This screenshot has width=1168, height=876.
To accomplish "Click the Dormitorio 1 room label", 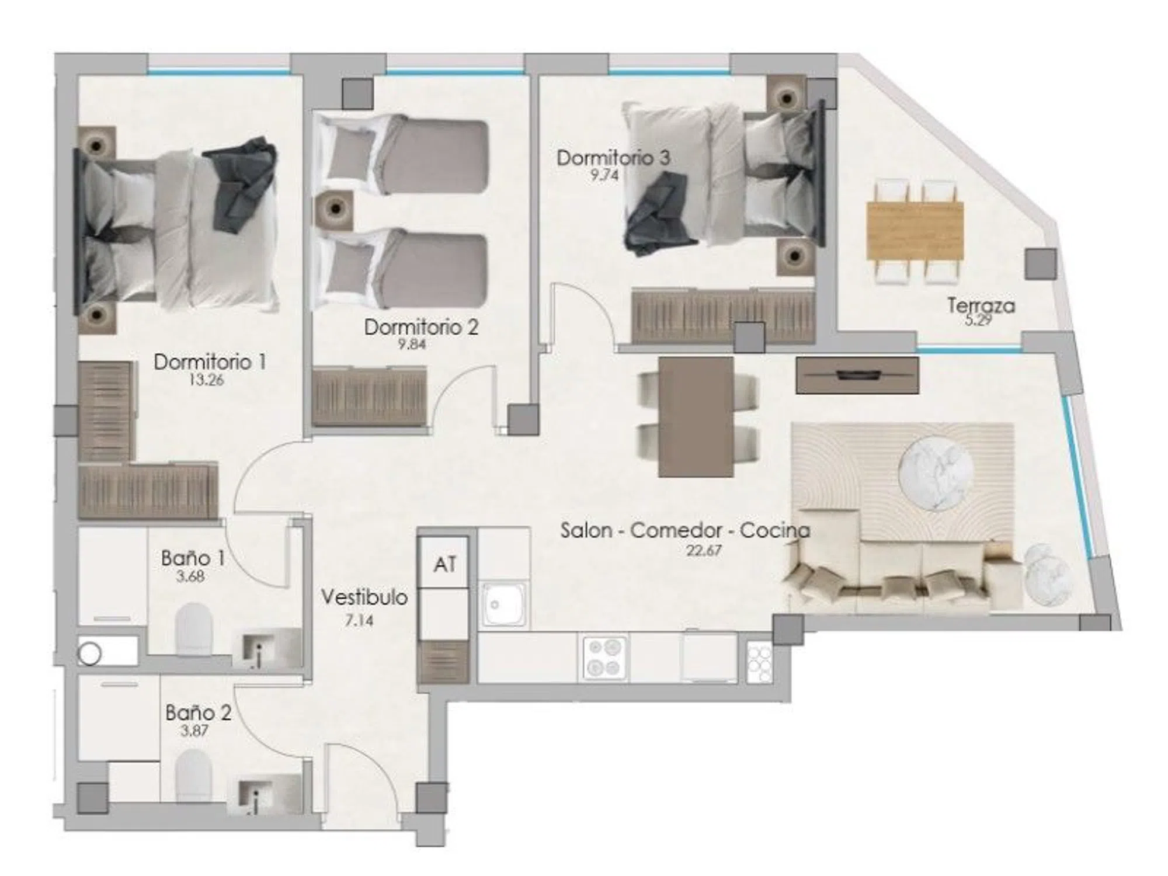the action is tap(210, 362).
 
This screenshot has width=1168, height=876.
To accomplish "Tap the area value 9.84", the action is tap(412, 344).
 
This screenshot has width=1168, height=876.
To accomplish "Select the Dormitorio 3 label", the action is tap(613, 158).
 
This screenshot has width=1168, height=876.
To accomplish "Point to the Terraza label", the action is tap(981, 305).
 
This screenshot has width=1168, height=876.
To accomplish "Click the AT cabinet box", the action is tap(445, 564).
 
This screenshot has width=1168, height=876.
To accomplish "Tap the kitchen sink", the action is tap(504, 604).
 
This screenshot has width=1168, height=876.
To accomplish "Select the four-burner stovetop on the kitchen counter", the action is tap(604, 657).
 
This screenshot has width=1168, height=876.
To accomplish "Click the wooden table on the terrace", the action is tap(915, 230).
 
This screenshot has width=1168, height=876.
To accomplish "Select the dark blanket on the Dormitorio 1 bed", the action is tap(241, 184).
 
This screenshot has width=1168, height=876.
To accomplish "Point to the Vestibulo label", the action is tap(364, 597).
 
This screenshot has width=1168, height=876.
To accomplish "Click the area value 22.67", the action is tap(704, 550).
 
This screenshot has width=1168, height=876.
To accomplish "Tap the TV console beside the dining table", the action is tap(857, 375).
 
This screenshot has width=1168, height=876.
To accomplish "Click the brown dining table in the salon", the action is tap(696, 416).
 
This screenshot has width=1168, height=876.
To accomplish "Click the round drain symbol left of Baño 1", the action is tap(90, 654).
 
